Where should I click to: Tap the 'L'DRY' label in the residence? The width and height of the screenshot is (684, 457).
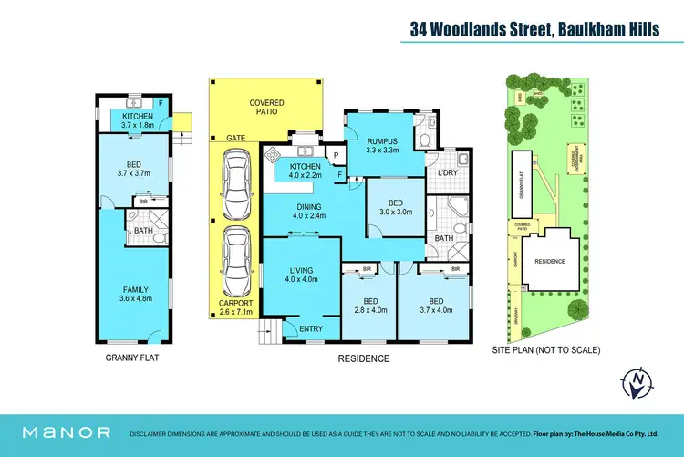[x=447, y=173]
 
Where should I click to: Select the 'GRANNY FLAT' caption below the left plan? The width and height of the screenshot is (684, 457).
[x=133, y=358]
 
